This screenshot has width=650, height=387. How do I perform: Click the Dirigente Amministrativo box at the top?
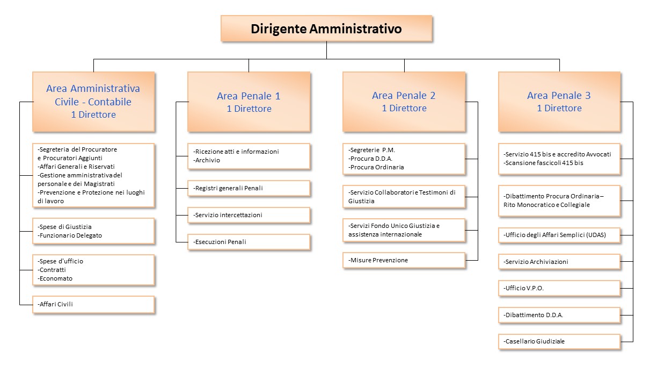tap(326, 28)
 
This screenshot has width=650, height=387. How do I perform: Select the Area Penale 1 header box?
tap(249, 102)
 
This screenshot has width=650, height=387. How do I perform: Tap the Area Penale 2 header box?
tap(404, 102)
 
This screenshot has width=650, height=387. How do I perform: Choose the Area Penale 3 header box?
tap(559, 102)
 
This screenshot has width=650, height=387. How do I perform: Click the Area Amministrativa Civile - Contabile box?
tap(93, 102)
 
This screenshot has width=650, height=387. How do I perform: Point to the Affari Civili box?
tap(93, 304)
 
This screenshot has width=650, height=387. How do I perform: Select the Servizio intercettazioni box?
tap(249, 215)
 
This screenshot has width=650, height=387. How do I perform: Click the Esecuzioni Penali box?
tap(249, 242)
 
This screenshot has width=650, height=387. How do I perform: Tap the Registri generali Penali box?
tap(249, 188)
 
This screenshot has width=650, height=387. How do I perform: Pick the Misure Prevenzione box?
tap(404, 260)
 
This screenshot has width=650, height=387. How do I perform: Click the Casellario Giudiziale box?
tap(559, 341)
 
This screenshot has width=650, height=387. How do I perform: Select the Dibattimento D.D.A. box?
tap(559, 315)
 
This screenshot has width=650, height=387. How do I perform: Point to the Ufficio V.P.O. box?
tap(559, 288)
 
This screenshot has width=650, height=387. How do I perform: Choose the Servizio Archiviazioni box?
tap(559, 262)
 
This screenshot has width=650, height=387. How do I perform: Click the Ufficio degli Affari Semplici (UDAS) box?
tap(559, 235)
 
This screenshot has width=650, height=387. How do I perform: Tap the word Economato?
tap(56, 278)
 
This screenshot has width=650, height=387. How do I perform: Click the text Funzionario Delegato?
tap(71, 235)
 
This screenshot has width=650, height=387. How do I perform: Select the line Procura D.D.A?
tap(371, 159)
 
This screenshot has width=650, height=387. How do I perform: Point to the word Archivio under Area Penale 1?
tap(208, 160)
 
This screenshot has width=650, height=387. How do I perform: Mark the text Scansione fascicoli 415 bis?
tap(544, 163)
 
